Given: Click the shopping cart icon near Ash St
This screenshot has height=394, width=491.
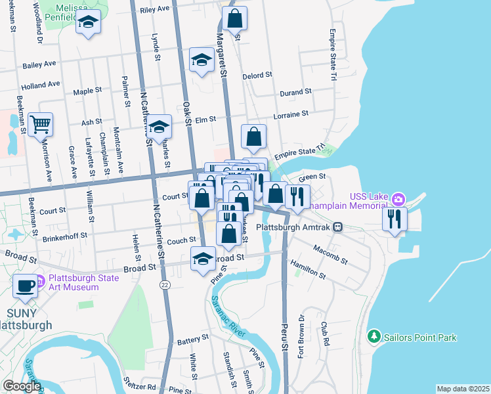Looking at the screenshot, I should [40, 123].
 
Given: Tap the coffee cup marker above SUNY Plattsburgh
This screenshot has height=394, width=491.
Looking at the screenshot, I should [26, 286].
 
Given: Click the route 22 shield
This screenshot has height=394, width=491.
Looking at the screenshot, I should [164, 284].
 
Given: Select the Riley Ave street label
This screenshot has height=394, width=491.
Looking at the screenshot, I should [154, 9].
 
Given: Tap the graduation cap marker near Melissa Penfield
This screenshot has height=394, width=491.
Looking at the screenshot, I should [88, 23].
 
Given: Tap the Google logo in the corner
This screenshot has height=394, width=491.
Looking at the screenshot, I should [21, 386].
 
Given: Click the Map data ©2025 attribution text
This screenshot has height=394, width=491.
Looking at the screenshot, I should [462, 389].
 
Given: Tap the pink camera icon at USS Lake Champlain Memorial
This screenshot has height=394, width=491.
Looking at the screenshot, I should [398, 198].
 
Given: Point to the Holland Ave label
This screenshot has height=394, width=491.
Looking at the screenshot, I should [40, 85].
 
